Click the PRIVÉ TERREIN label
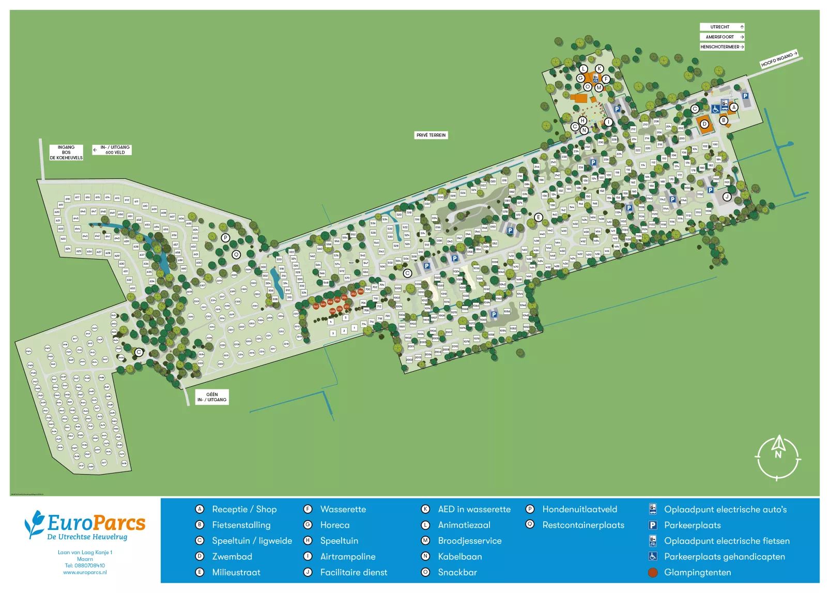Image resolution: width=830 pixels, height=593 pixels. [x=431, y=135]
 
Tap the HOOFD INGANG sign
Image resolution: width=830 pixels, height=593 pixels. [x=778, y=59]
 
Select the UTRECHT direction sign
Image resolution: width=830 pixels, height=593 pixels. [x=721, y=27]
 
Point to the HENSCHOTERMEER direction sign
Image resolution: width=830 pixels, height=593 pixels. [x=721, y=47]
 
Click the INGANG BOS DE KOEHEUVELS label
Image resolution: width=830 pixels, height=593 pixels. [x=66, y=153]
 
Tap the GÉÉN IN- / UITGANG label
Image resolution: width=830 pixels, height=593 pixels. [x=212, y=397]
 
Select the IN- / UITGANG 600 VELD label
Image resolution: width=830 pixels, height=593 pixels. [x=112, y=150]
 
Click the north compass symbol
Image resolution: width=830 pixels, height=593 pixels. [x=778, y=457]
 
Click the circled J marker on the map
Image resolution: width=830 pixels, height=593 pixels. [x=727, y=196]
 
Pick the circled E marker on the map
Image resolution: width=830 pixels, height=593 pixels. [x=538, y=217]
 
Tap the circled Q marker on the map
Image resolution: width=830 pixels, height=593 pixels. [x=236, y=254]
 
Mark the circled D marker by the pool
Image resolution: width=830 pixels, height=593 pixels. [x=704, y=124]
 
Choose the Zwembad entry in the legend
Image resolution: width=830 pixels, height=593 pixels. [x=232, y=557]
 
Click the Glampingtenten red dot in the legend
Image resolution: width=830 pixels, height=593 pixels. [x=653, y=572]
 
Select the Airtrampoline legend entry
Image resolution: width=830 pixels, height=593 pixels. [x=347, y=557]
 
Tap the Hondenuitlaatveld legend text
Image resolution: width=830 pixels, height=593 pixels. [x=579, y=509]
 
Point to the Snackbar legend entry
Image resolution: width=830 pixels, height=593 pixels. [x=457, y=572]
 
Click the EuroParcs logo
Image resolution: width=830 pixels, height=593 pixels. [x=85, y=525]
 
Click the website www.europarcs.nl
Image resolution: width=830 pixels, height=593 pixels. [x=85, y=572]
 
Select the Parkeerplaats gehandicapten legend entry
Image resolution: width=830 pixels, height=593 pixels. [x=724, y=557]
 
